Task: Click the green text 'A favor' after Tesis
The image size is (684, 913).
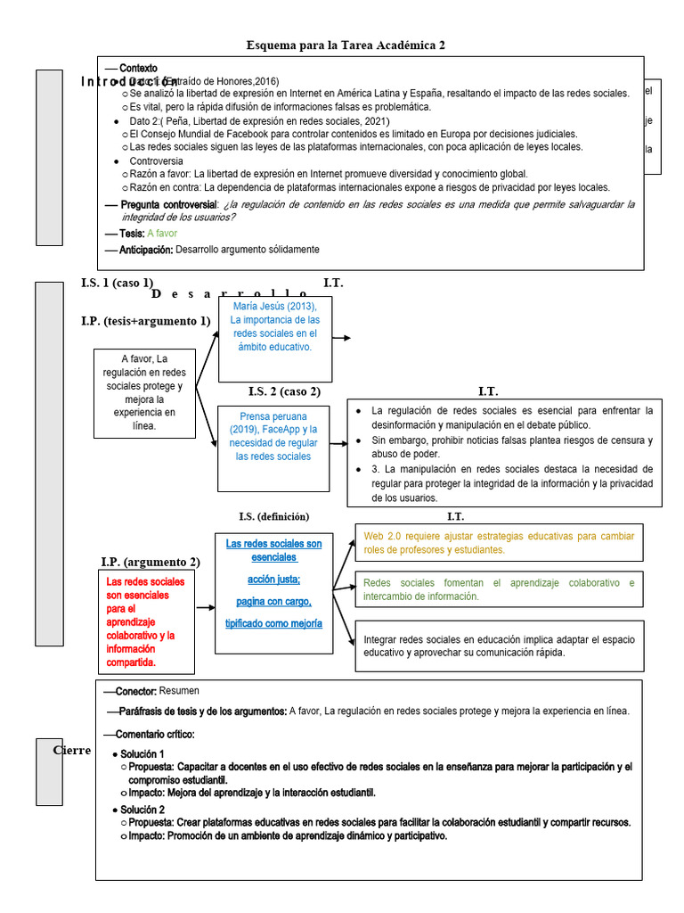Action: click(162, 234)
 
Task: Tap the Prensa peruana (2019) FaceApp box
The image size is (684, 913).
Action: click(274, 448)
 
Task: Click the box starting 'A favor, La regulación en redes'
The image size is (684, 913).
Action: click(144, 392)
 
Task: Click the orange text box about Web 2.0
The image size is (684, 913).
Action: click(499, 542)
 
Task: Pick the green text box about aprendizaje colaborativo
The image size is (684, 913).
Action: click(499, 589)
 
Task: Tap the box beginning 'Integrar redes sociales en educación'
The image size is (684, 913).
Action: click(499, 646)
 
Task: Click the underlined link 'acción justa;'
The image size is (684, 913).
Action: click(273, 579)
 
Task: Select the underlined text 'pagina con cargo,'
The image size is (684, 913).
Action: click(273, 601)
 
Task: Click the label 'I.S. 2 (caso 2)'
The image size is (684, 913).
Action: click(284, 391)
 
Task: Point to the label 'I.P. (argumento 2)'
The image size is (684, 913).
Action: click(151, 562)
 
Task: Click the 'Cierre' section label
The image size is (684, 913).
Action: click(72, 750)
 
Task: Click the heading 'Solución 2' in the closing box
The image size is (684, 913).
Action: click(142, 810)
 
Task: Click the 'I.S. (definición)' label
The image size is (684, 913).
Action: click(273, 516)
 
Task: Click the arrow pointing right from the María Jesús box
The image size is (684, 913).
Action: click(342, 338)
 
